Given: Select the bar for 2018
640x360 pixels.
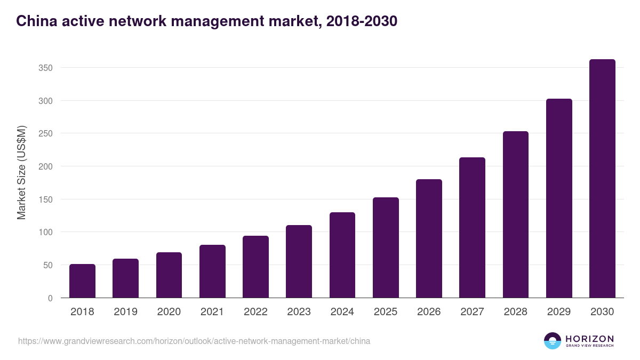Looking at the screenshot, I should (82, 281).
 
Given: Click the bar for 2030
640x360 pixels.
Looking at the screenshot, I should (602, 179).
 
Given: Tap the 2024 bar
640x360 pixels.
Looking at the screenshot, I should (342, 255).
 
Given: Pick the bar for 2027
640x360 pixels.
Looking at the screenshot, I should (472, 228).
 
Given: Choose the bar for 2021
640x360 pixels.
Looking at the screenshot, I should (212, 271).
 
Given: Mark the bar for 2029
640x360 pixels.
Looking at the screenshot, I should (559, 198).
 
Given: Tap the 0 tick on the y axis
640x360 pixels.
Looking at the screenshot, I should (50, 298).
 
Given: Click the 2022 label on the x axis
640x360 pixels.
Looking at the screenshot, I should (255, 312).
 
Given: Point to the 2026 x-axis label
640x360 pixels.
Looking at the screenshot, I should (429, 312).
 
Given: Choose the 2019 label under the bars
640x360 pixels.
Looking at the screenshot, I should (125, 312).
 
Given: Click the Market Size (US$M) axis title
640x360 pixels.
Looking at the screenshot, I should (21, 173).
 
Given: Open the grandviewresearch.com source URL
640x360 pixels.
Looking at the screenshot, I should (194, 341).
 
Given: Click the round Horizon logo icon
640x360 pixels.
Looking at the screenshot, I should (553, 341).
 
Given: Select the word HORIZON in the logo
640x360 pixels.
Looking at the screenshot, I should (589, 339).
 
